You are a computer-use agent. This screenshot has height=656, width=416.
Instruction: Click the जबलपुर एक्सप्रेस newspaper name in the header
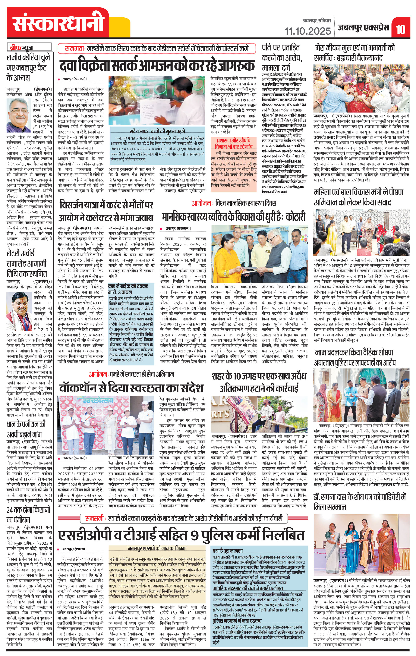363,28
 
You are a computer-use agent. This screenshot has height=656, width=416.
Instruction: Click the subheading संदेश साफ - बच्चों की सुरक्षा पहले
157,132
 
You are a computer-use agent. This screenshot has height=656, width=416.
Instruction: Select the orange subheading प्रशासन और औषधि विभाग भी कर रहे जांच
233,143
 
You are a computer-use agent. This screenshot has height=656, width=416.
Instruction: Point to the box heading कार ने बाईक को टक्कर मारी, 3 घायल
128,289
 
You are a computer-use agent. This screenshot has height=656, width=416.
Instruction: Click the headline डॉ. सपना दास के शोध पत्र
360,502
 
